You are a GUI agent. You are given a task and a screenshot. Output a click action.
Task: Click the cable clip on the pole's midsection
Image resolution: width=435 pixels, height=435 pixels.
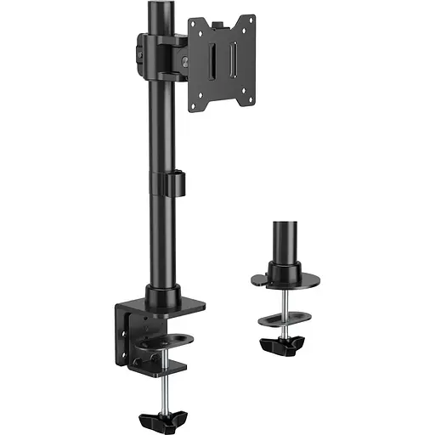click(x=175, y=184)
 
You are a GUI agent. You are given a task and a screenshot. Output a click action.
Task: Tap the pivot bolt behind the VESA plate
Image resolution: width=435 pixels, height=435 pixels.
click(x=184, y=58)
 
